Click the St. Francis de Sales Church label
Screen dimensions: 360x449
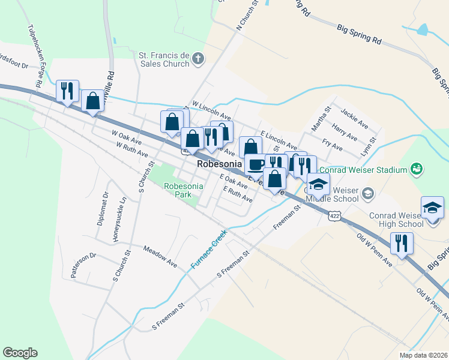pos(164,59)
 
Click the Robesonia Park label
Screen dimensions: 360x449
pos(184,190)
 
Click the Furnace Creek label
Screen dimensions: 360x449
pos(208,251)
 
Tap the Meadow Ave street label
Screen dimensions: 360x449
pos(160,256)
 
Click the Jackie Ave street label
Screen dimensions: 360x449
pos(354,118)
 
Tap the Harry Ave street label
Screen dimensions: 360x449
pos(345,133)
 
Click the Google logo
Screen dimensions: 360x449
pos(20,353)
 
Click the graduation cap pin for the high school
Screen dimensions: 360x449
pos(432,208)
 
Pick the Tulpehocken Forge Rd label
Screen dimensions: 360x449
pos(34,57)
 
